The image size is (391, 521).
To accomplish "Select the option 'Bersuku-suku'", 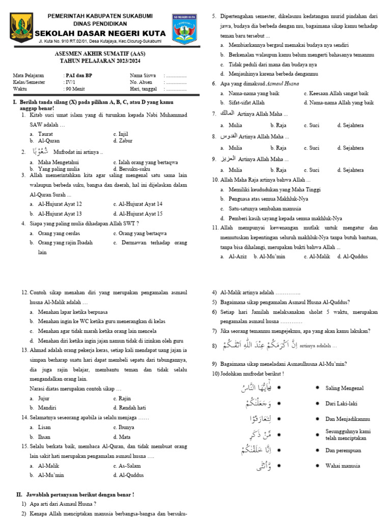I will click(134, 169).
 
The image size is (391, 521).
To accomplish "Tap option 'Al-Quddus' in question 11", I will click(355, 256).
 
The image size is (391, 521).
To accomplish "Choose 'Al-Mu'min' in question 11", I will click(272, 256).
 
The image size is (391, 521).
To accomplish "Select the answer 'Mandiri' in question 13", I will click(47, 408).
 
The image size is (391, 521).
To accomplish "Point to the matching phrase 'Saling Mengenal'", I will click(344, 388).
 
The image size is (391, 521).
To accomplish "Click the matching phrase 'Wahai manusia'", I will click(342, 466).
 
